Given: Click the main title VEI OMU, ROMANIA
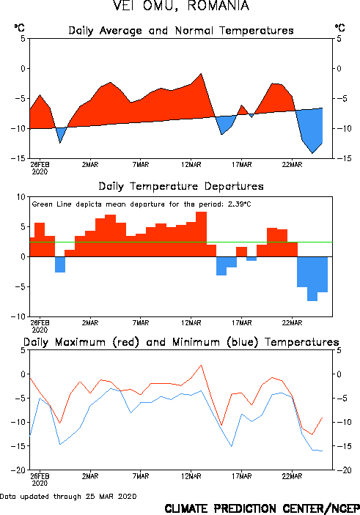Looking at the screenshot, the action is point(181,6).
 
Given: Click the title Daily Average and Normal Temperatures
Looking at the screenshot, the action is point(181,31).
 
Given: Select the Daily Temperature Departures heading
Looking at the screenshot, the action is point(181,186).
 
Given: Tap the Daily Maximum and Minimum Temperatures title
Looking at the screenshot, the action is point(181,342).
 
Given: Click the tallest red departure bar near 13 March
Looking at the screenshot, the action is point(201,234).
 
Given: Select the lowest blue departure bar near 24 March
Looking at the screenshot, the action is point(312,278).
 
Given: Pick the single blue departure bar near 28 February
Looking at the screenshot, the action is point(60,264).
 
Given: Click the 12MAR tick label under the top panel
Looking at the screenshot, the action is point(191,165).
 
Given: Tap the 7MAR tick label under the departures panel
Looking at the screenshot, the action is point(141,323).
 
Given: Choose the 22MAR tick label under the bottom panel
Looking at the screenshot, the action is point(292,476).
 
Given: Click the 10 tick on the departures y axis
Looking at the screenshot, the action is point(21,197).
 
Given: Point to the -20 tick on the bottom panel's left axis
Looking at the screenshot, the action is point(18,470).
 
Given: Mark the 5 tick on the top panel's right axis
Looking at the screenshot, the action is point(339,39).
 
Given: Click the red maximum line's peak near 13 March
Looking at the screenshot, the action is point(201,366).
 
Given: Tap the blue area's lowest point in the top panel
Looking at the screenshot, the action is point(312,153).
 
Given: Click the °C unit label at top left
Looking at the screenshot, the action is point(19,28).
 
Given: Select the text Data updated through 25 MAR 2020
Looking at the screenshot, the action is point(68,496).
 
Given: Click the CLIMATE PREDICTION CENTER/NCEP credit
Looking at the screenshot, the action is point(262,508).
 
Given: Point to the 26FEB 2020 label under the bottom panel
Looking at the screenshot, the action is point(40,479).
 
